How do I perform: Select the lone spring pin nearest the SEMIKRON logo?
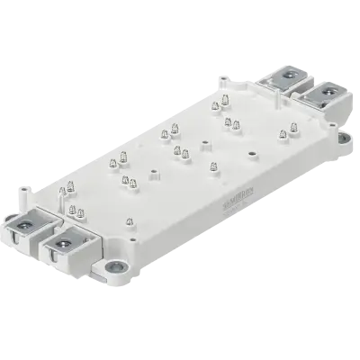click(214, 166)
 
